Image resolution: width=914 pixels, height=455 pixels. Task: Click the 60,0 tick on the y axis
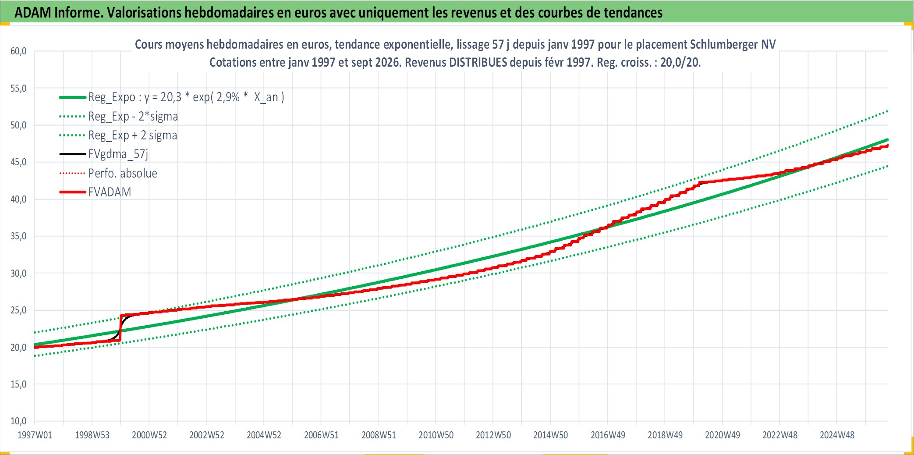[x=18, y=51]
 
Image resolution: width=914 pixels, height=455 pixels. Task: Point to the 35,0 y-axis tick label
[x=18, y=236]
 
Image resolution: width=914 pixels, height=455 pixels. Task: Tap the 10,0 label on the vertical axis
[x=18, y=421]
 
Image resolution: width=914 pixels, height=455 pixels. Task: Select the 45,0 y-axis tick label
[x=18, y=162]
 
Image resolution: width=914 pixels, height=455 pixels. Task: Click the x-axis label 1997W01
[x=35, y=435]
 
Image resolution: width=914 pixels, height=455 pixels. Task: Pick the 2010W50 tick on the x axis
[x=436, y=435]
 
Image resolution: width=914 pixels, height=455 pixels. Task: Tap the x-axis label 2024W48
[x=837, y=435]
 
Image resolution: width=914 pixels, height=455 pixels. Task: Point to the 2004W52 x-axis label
[x=264, y=435]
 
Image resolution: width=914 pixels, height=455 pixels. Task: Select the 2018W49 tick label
[x=665, y=435]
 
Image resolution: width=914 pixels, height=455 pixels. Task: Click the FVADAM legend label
[x=110, y=192]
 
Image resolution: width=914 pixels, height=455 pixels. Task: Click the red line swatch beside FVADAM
[x=72, y=192]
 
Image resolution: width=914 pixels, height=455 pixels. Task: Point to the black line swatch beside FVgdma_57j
[x=72, y=154]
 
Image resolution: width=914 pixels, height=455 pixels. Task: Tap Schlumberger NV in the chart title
[x=733, y=45]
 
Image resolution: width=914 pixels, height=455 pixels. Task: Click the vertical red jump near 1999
[x=120, y=328]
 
